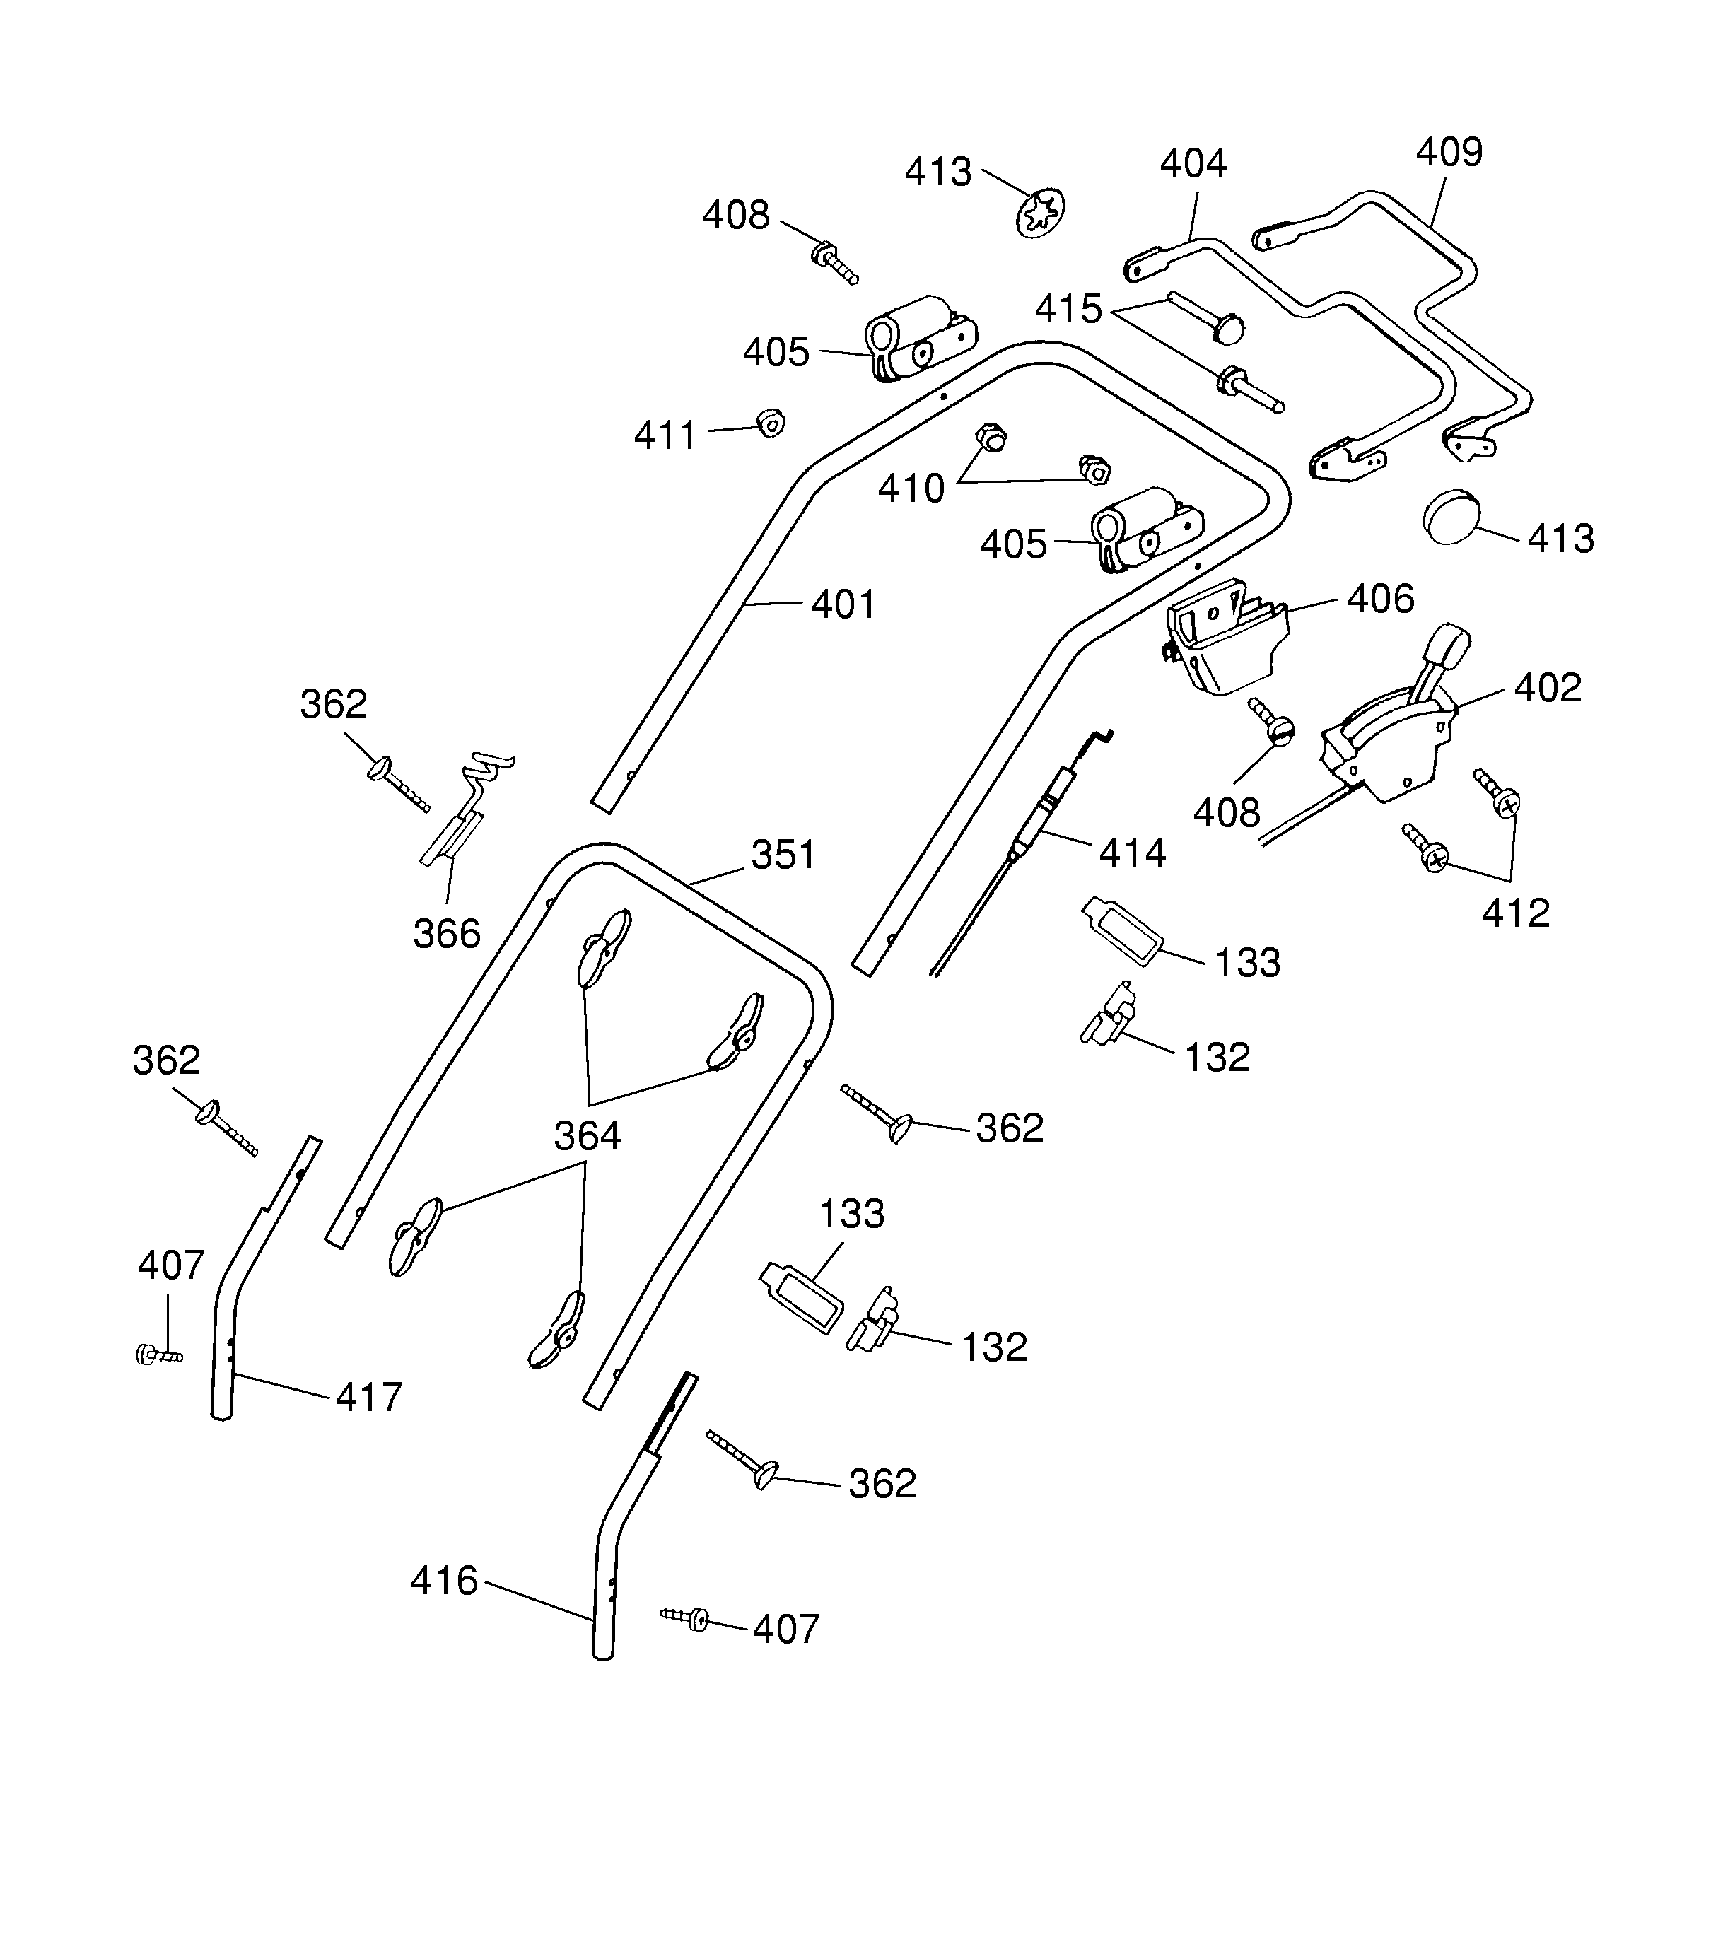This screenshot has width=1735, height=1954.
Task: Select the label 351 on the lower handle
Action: [x=783, y=855]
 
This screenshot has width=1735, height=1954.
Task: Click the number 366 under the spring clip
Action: [x=446, y=934]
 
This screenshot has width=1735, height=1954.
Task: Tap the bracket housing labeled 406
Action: [x=1227, y=636]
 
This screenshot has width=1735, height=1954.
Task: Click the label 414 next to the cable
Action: [x=1132, y=853]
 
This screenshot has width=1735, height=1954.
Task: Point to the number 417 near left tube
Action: [x=368, y=1398]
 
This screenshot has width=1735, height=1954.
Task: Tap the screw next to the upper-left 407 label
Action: [x=158, y=1354]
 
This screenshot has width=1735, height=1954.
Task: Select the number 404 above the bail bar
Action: [x=1192, y=165]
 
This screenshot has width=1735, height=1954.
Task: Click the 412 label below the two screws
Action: [x=1515, y=914]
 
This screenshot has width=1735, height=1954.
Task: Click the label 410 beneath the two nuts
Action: [x=911, y=489]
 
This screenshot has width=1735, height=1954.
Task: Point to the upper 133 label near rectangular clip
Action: [x=1247, y=963]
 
